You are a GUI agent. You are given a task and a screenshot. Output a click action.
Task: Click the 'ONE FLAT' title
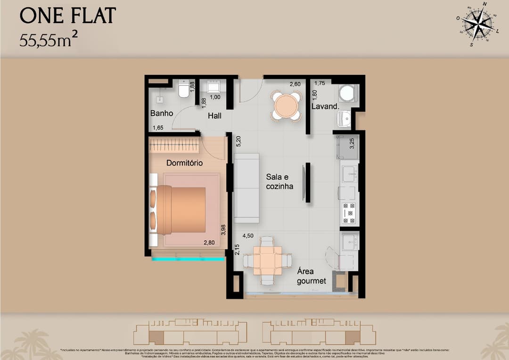(x=67, y=16)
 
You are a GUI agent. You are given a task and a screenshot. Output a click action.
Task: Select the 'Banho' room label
(x=162, y=114)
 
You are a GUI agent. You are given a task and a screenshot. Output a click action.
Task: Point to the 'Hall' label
(x=213, y=115)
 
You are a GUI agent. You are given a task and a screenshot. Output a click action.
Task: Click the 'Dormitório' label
(x=184, y=163)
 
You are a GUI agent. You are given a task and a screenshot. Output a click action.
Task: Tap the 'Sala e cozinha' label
(x=279, y=181)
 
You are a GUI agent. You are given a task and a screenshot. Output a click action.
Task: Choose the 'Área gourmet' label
(x=311, y=276)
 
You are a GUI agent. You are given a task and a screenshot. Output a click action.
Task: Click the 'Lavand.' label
(x=325, y=107)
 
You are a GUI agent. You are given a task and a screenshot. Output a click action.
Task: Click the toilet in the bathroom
(x=184, y=90)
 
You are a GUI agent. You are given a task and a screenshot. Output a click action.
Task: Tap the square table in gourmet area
(x=267, y=261)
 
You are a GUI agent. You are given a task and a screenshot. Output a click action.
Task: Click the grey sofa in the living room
(x=247, y=188)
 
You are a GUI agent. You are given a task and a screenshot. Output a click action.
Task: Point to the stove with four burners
(x=349, y=213)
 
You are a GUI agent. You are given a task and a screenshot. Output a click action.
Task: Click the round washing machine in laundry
(x=347, y=93)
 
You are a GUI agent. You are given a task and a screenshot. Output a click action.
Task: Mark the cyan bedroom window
(x=188, y=259)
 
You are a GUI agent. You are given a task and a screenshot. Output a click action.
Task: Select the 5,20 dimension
(x=238, y=140)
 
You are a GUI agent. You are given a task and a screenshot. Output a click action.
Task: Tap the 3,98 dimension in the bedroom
(x=223, y=230)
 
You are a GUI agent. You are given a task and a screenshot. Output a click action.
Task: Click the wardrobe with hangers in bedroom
(x=174, y=145)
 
